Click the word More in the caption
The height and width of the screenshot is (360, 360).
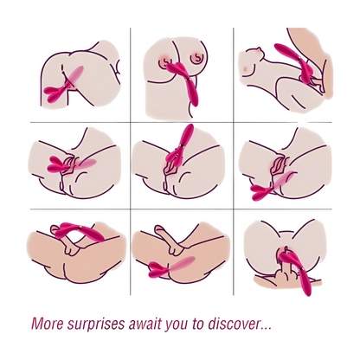48,324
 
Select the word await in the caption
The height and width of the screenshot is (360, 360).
145,324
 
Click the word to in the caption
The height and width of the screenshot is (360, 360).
198,324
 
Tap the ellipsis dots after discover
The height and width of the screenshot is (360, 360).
266,329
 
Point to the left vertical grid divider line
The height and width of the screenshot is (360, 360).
131,162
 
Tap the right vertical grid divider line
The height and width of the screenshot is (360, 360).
233,162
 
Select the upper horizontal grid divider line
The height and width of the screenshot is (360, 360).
181,122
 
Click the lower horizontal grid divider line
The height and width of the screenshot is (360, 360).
181,209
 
